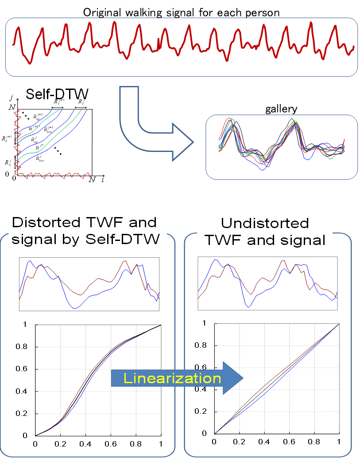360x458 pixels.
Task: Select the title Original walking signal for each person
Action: click(x=182, y=12)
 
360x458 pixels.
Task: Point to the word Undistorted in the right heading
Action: click(x=265, y=222)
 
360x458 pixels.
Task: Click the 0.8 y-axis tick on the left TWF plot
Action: click(x=23, y=347)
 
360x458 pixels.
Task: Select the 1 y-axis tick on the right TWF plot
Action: click(x=204, y=323)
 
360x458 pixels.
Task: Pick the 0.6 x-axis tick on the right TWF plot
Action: click(x=289, y=442)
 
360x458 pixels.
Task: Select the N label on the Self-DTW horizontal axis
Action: click(x=92, y=179)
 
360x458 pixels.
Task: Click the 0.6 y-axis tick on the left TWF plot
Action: click(x=23, y=369)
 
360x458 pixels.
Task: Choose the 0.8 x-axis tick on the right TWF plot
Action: click(x=314, y=442)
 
